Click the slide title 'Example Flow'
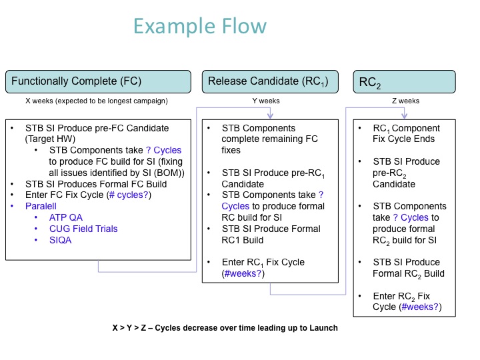[200, 27]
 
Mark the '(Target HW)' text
[52, 139]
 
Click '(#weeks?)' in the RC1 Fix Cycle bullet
[243, 273]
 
